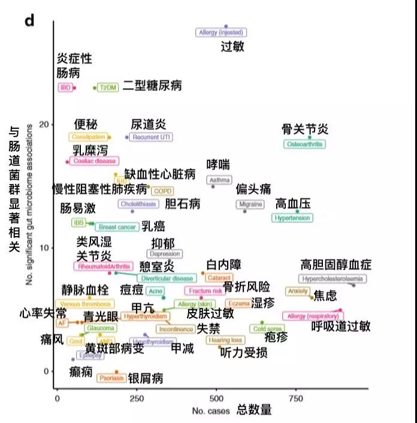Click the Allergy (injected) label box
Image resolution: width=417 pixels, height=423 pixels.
tap(221, 33)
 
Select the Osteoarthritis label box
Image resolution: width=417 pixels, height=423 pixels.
tap(305, 144)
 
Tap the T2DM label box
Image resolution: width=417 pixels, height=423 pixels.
tap(108, 87)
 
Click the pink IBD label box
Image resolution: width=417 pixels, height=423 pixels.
tap(65, 87)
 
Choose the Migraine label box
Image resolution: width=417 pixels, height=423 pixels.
tap(250, 204)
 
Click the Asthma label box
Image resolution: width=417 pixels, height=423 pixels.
tap(219, 180)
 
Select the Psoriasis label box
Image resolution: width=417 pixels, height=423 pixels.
tap(111, 378)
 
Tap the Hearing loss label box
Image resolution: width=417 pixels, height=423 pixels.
tap(225, 340)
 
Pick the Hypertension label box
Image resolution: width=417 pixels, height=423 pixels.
tap(292, 218)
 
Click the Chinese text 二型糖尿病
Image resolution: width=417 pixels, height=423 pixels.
tap(152, 86)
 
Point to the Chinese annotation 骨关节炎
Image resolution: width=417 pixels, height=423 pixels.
tap(305, 129)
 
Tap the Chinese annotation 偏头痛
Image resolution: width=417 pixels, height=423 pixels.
tap(253, 189)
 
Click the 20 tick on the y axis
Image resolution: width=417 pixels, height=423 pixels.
tap(44, 124)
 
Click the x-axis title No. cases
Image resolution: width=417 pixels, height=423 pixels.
tap(207, 411)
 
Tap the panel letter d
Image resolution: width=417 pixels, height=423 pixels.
tap(29, 21)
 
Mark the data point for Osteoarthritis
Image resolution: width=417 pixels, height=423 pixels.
tap(310, 137)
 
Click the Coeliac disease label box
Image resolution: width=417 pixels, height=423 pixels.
tap(94, 161)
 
